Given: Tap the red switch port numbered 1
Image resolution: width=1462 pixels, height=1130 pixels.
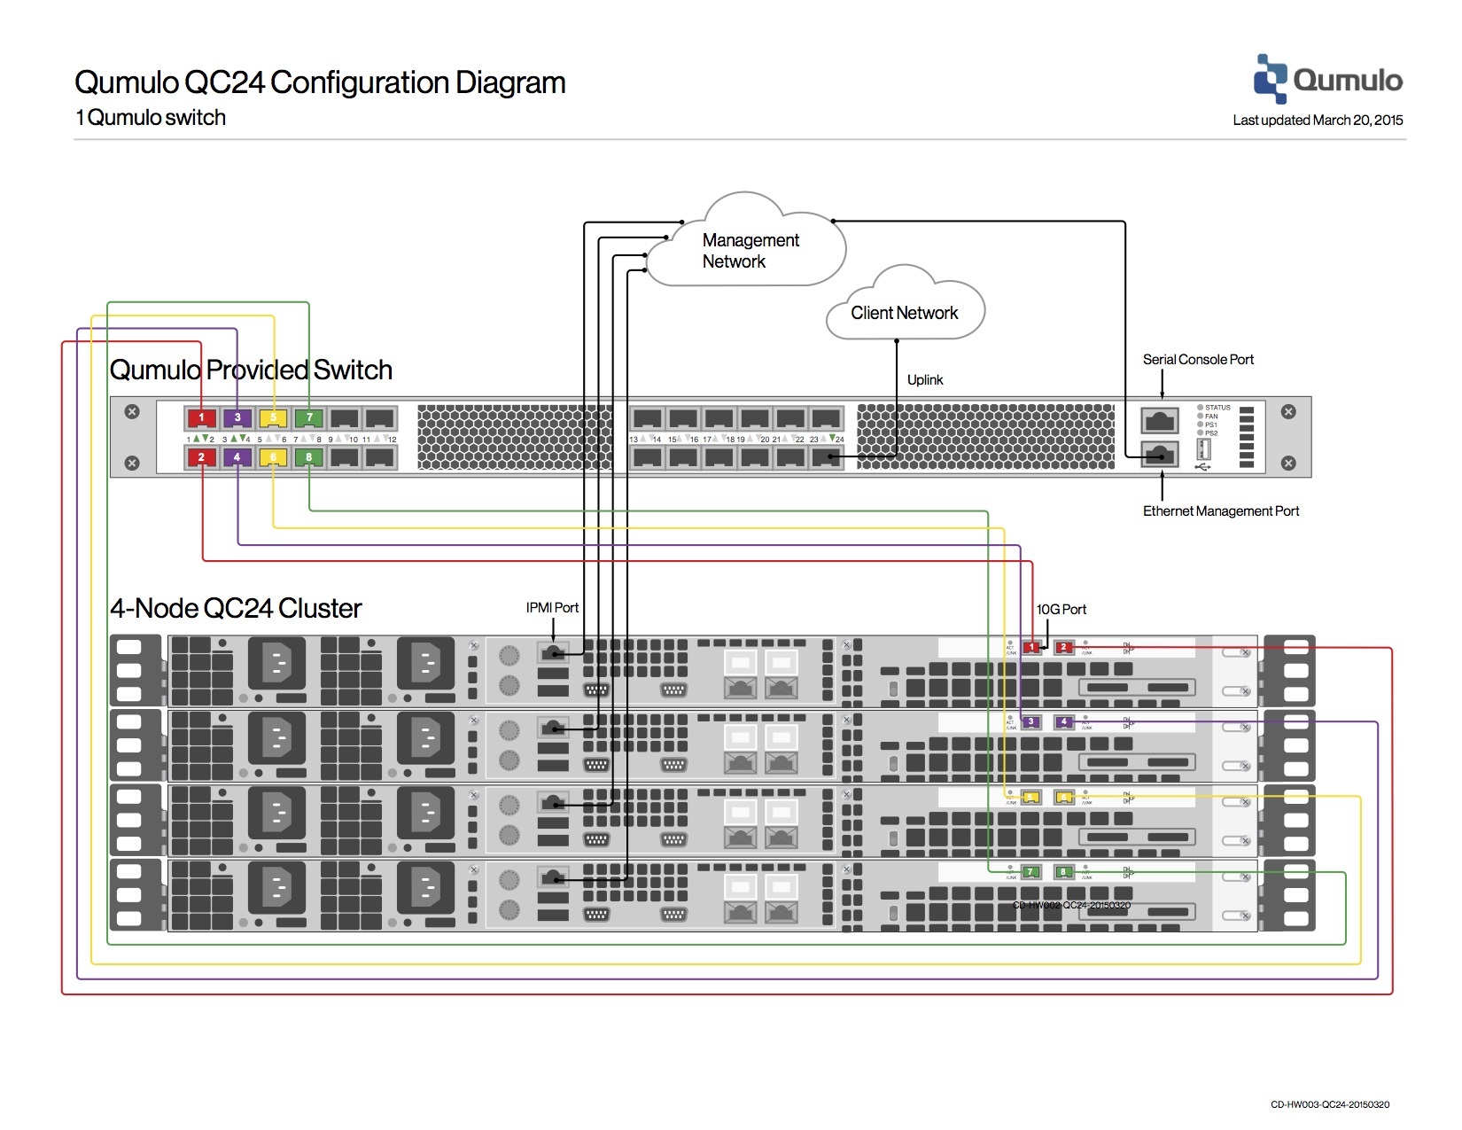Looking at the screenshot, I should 201,417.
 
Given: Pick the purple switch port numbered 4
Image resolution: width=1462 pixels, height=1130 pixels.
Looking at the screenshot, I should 237,457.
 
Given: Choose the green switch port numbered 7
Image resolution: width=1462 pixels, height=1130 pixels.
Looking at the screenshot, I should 309,417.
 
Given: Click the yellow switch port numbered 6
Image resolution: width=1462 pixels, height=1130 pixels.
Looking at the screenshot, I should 273,457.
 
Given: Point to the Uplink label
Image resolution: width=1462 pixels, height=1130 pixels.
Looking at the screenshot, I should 925,379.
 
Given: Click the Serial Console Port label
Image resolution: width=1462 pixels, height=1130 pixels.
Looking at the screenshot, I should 1198,359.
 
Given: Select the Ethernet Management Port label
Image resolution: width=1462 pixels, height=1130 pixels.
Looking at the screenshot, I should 1220,510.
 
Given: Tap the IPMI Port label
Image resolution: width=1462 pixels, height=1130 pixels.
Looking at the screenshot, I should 552,607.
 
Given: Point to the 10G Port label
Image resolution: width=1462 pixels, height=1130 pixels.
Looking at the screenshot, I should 1061,609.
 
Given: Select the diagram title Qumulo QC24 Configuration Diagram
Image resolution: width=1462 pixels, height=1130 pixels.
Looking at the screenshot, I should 320,82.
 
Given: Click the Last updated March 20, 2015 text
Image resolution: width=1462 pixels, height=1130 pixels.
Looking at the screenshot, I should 1318,120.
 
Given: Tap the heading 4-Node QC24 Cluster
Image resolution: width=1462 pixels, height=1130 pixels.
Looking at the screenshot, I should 236,608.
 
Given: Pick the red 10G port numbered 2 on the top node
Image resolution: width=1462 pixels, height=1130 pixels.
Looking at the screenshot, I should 1064,647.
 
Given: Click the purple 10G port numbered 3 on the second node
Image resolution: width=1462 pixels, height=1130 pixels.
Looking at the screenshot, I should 1030,722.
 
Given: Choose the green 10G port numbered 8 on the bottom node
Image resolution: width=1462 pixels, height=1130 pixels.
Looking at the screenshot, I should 1064,872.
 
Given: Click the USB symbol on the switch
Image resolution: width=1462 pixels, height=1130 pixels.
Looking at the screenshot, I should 1202,466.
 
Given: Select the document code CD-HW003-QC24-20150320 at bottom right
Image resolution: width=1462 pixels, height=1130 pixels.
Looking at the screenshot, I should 1329,1104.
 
